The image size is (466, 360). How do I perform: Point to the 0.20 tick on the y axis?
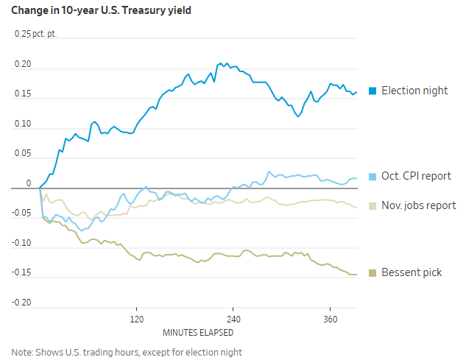tap(24, 64)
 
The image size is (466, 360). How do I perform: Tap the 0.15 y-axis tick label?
tap(24, 94)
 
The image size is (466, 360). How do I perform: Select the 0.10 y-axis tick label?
tap(24, 124)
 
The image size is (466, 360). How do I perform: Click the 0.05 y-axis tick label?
tap(24, 154)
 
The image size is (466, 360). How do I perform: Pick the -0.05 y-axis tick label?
tap(22, 214)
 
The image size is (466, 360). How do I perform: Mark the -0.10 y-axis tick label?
tap(22, 244)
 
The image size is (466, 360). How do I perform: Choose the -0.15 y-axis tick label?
tap(22, 273)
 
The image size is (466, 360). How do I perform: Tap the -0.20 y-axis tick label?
tap(22, 303)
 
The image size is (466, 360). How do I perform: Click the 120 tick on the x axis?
tap(136, 320)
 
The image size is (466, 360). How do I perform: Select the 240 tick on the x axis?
tap(233, 320)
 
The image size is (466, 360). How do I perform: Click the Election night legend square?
tap(373, 91)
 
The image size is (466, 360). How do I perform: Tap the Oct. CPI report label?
tap(416, 177)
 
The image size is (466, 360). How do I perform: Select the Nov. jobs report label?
tap(418, 206)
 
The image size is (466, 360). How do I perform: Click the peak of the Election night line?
tap(220, 64)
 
